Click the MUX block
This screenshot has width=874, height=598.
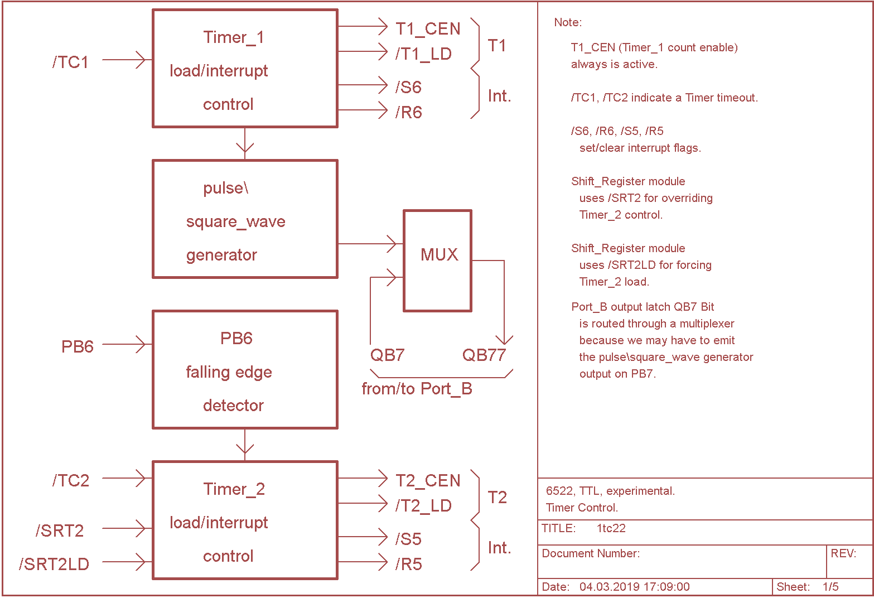pos(438,260)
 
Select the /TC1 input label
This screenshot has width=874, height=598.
pos(71,62)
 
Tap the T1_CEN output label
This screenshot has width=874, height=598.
pos(428,28)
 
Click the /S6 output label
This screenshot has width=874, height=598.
pos(408,87)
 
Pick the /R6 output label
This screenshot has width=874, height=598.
pos(408,112)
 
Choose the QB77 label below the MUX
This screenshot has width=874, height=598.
pos(484,355)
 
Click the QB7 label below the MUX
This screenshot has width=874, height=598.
pos(387,355)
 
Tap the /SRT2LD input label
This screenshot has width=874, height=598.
pos(54,564)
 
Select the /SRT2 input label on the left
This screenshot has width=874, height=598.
pos(60,531)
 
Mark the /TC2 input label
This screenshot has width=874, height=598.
pos(71,480)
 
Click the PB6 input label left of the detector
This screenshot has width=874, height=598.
pos(77,346)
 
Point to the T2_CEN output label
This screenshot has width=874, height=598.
pos(428,480)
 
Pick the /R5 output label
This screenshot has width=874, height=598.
pos(408,564)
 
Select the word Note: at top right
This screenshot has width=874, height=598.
pos(568,22)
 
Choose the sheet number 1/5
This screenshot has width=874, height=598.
pos(830,587)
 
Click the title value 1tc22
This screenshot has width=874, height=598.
pos(611,528)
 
